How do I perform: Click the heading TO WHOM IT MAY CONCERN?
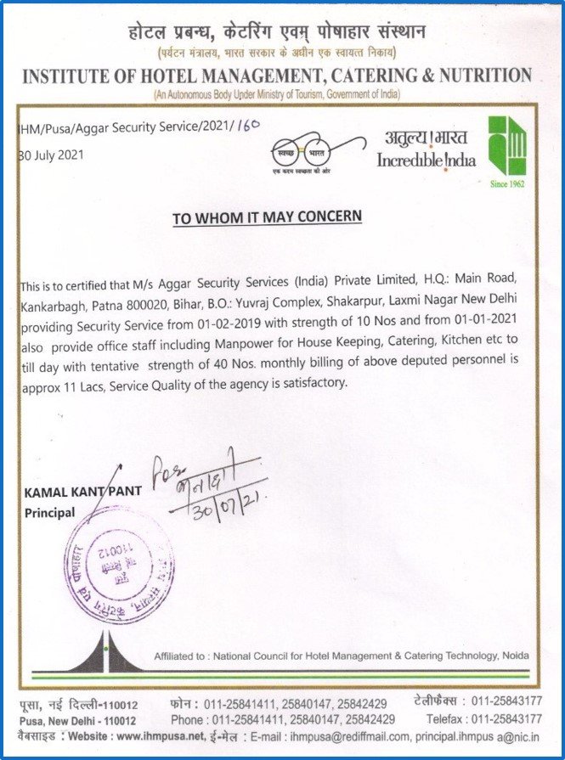[267, 217]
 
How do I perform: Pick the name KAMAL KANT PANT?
[71, 493]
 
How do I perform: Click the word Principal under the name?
[50, 513]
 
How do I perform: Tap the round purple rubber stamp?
[119, 564]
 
